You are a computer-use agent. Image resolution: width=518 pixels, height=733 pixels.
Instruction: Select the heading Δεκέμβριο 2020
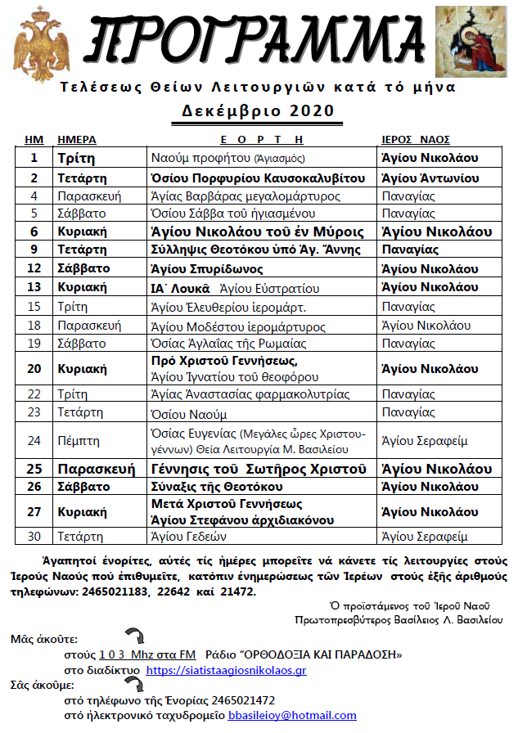click(259, 110)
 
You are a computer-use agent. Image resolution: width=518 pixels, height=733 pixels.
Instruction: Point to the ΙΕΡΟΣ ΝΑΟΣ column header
click(416, 139)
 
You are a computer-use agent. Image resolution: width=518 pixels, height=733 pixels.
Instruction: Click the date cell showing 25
click(34, 469)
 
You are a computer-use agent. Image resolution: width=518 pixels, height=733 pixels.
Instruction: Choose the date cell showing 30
click(34, 537)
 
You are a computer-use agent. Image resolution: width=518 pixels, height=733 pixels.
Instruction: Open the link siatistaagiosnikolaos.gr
click(226, 670)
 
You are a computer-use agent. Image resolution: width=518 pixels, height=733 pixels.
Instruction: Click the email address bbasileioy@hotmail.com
click(292, 715)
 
